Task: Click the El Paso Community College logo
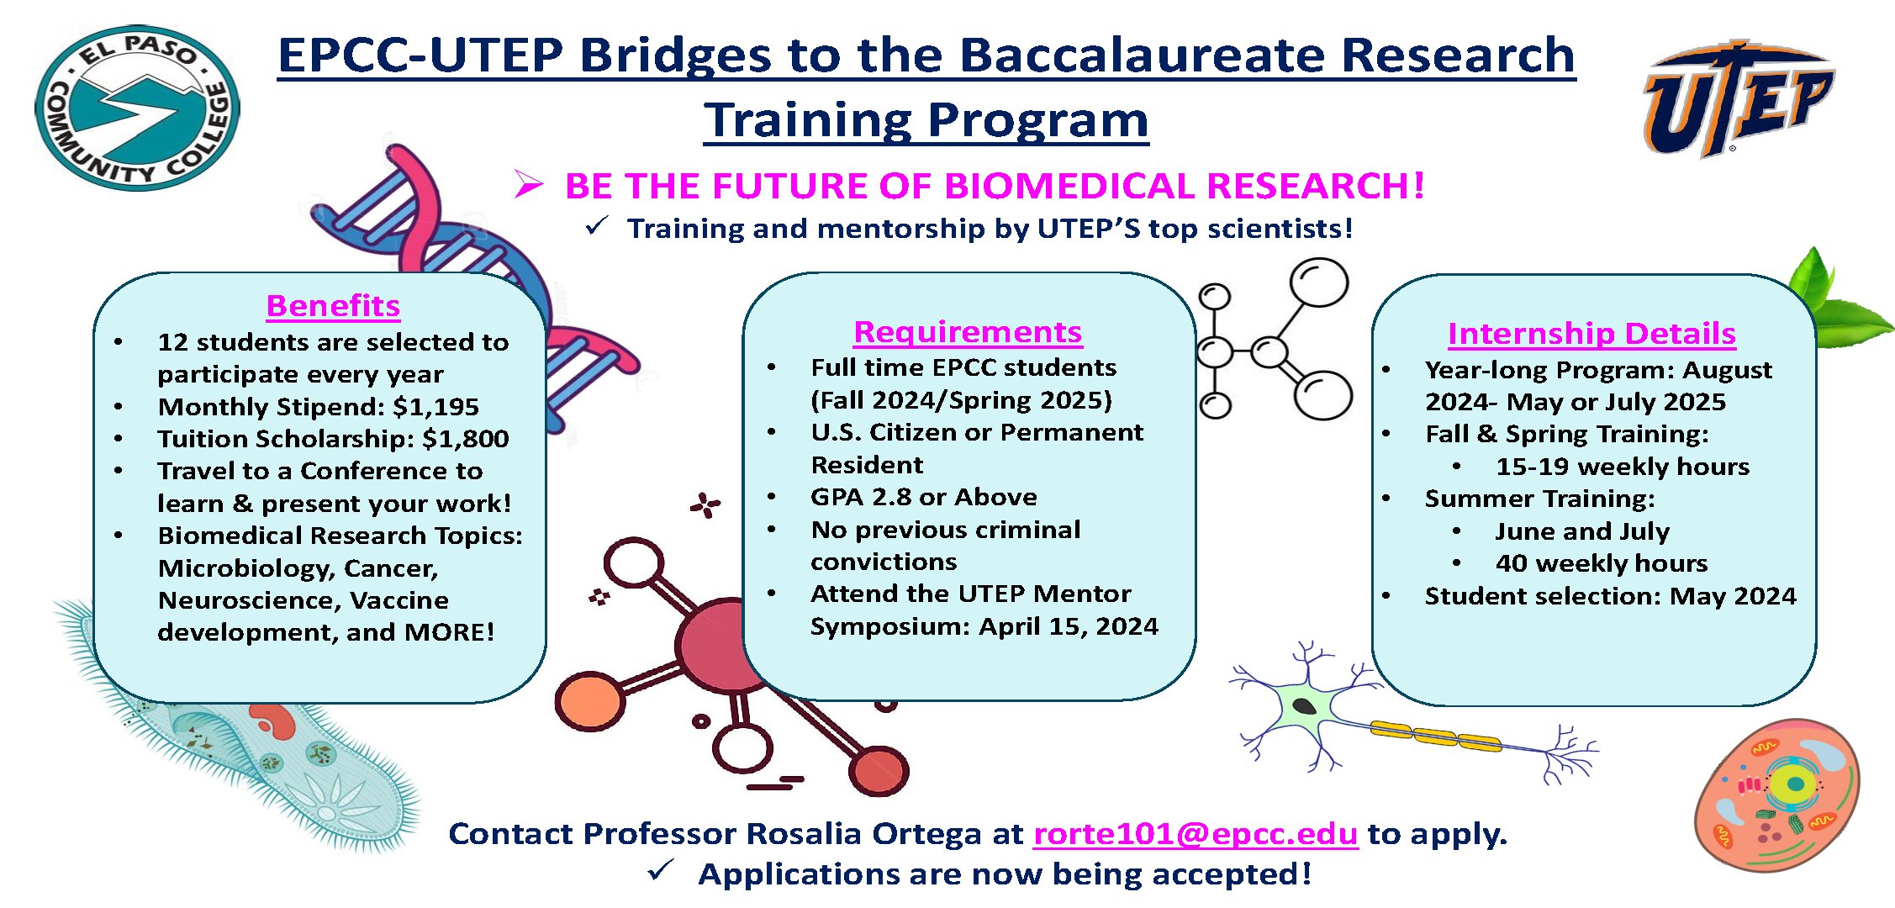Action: [137, 108]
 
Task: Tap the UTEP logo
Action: [1738, 99]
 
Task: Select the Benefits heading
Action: [333, 306]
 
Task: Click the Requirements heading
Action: [968, 332]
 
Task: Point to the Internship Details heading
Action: [1591, 334]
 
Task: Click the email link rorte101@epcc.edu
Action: [1196, 833]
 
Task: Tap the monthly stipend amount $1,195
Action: [436, 407]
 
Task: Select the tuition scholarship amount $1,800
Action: [466, 439]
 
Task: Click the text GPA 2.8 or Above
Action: [924, 497]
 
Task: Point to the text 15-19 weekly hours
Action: [1623, 467]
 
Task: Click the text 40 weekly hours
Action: [1602, 563]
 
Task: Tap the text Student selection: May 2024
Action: [1611, 596]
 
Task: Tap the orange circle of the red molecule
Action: [589, 701]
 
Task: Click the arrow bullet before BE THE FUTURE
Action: [529, 184]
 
